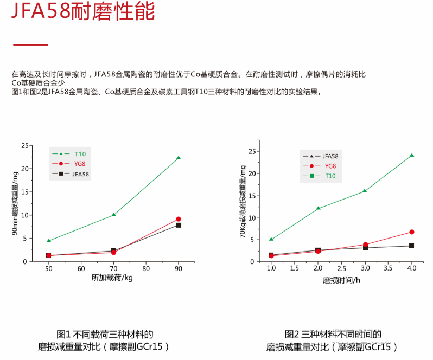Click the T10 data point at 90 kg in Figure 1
[179, 158]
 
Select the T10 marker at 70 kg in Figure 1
[113, 215]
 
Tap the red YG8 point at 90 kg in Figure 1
[179, 219]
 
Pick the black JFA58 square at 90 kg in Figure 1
[179, 225]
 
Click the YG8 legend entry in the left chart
[72, 163]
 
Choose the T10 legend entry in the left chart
[72, 153]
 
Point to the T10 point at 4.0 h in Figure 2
[411, 155]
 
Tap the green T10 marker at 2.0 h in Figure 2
[318, 208]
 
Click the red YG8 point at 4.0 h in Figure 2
[411, 232]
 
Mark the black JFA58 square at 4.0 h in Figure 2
[411, 246]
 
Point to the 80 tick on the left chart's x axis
[146, 268]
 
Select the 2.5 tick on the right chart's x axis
[341, 268]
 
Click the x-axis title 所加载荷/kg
[112, 278]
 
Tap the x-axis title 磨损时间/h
[342, 280]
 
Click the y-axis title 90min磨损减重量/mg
[15, 204]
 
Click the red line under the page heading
[30, 45]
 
